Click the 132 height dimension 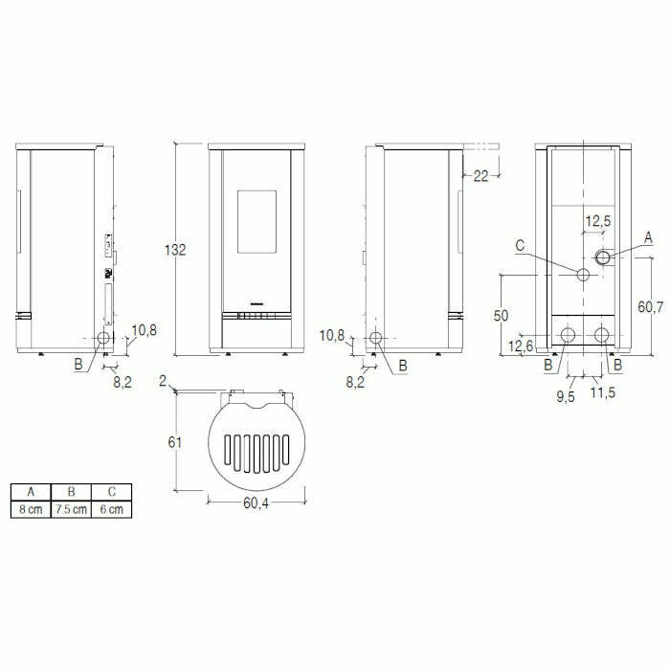coord(175,250)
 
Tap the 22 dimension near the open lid coord(480,175)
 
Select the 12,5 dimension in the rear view coord(597,221)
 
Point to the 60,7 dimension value coord(650,306)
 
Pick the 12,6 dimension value coord(521,346)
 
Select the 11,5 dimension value coord(602,392)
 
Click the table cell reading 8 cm coord(31,509)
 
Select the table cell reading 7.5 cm coord(72,509)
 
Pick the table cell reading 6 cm coord(111,509)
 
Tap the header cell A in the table coord(31,492)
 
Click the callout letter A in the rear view coord(648,235)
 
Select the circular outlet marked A coord(603,257)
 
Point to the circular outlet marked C coord(582,276)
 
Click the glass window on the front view coord(257,220)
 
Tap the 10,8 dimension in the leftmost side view coord(145,331)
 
